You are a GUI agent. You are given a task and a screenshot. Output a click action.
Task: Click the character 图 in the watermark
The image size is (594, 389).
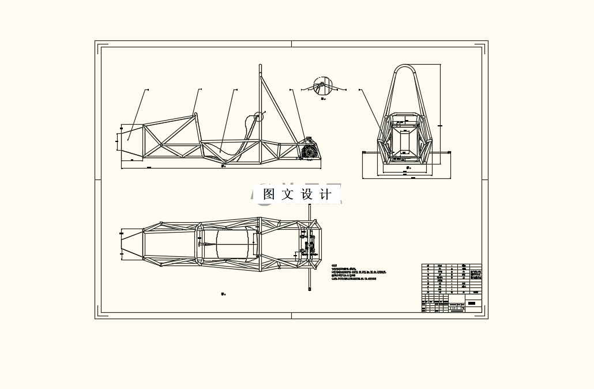(269, 194)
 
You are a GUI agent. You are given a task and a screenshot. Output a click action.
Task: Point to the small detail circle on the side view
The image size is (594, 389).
(258, 117)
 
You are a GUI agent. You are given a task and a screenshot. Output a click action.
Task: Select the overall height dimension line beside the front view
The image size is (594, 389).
(441, 115)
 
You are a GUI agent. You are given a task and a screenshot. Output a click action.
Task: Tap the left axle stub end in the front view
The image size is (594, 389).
(364, 152)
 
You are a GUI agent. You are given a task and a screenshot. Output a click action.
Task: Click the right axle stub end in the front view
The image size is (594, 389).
(449, 152)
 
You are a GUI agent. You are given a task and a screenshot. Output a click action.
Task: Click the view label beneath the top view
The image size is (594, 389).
(223, 294)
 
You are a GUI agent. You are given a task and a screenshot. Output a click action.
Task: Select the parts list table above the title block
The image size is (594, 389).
(452, 279)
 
